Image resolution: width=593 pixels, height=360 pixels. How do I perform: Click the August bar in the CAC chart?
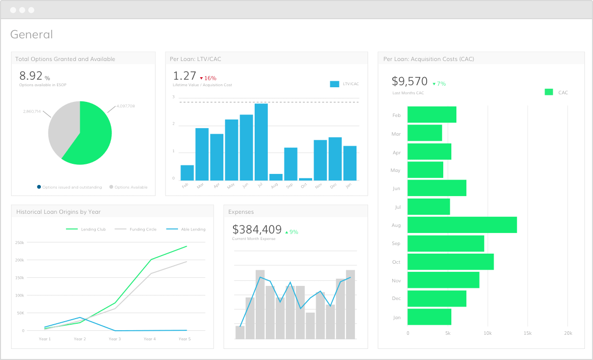point(461,225)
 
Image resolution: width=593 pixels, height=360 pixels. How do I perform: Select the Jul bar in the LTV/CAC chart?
point(261,142)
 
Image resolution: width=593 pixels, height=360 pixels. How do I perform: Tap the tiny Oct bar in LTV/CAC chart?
point(306,179)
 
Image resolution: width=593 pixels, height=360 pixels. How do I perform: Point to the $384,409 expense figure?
point(257,230)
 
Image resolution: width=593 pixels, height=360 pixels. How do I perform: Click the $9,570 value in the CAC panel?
point(409,82)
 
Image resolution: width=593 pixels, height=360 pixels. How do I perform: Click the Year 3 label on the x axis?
point(114,339)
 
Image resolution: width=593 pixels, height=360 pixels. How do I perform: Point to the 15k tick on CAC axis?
point(527,333)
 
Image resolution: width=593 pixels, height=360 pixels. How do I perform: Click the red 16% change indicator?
point(208,78)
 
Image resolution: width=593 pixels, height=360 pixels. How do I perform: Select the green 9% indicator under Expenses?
point(291,232)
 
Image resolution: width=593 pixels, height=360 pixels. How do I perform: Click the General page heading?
point(31,34)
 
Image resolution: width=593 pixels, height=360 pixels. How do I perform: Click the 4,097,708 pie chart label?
point(125,106)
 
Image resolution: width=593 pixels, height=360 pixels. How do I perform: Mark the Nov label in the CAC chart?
point(396,280)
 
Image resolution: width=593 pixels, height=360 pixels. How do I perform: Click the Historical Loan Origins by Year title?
point(61,212)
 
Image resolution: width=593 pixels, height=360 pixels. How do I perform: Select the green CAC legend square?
point(549,92)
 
